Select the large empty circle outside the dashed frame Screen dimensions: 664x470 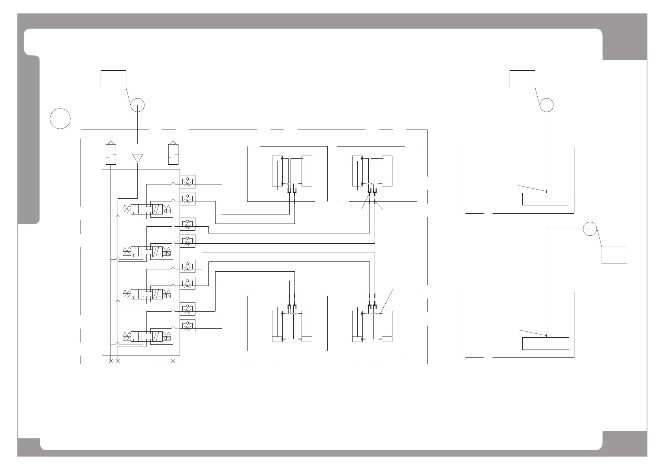[x=60, y=118]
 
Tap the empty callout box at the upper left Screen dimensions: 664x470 [x=113, y=79]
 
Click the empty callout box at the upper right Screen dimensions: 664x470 [x=522, y=79]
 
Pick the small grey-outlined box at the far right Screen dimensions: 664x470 [x=614, y=255]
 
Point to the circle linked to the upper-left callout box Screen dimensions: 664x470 [x=137, y=105]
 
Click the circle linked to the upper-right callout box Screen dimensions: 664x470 [x=546, y=105]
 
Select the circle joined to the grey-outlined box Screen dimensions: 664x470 [x=590, y=229]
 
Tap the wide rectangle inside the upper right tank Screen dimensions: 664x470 [x=546, y=199]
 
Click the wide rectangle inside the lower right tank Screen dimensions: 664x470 [x=546, y=344]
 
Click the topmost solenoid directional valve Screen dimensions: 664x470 [x=147, y=209]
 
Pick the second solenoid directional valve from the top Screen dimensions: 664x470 [x=147, y=252]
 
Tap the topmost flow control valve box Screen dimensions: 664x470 [x=188, y=181]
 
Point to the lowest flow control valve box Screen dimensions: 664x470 [x=188, y=325]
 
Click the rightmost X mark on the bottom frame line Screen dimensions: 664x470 [x=173, y=361]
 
